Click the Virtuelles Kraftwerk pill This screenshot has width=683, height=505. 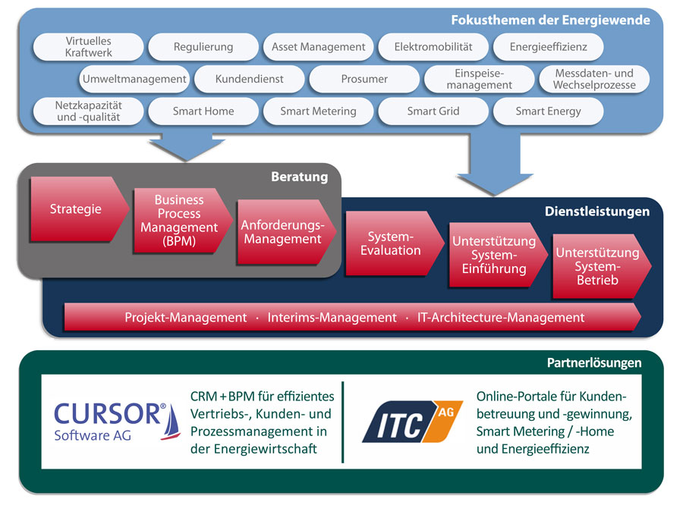[x=88, y=46]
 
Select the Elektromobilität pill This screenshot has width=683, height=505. [x=433, y=46]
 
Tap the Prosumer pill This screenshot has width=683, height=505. [x=364, y=79]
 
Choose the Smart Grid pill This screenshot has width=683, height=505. [x=433, y=111]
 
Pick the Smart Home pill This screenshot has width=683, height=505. [x=203, y=111]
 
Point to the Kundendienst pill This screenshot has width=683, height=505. [x=249, y=79]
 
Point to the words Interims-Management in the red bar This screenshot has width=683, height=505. [x=332, y=318]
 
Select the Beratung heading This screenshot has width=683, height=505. [x=299, y=177]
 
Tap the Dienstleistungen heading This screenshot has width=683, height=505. [x=596, y=212]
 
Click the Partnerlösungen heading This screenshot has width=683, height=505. [x=594, y=363]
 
